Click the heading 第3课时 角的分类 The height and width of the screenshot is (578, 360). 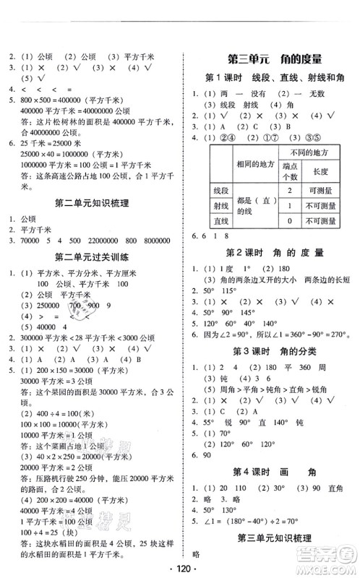[x=269, y=351]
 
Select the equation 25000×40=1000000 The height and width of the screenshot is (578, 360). [x=48, y=153]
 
